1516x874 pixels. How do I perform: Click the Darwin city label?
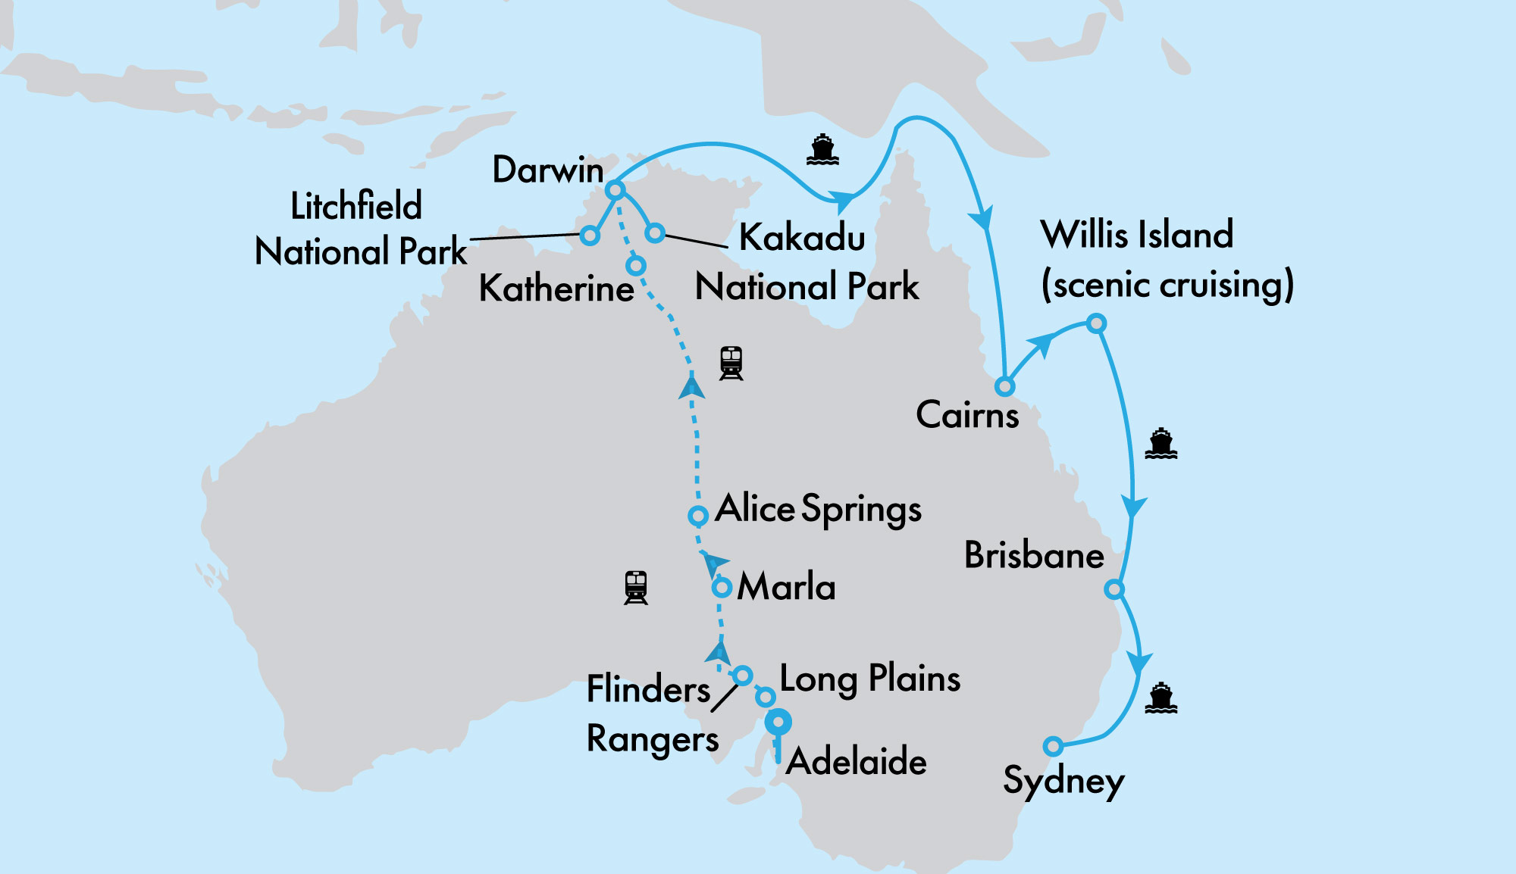coord(547,170)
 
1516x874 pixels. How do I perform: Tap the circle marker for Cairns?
coord(1004,386)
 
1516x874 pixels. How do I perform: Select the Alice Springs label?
coord(818,509)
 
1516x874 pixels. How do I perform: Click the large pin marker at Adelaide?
coord(778,723)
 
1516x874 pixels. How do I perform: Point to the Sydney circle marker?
coord(1052,746)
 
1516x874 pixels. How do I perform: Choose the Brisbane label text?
coord(1034,555)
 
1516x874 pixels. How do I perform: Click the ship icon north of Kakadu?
coord(822,150)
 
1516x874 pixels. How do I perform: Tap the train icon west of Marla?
coord(636,588)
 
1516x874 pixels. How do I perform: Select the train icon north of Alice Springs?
coord(731,364)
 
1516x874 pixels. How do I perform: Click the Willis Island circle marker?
coord(1096,324)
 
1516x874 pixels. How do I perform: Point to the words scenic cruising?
coord(1167,286)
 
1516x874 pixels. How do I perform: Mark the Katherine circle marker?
coord(636,266)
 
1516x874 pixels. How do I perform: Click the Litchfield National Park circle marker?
coord(590,236)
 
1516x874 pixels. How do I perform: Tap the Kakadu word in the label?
coord(802,237)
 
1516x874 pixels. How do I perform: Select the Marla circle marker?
coord(722,587)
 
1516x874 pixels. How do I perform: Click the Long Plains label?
coord(869,679)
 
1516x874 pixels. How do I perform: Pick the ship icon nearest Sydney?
coord(1160,698)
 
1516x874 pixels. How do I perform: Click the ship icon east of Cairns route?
coord(1160,444)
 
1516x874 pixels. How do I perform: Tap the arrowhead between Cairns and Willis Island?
coord(1041,345)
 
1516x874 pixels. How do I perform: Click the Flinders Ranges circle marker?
coord(742,675)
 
